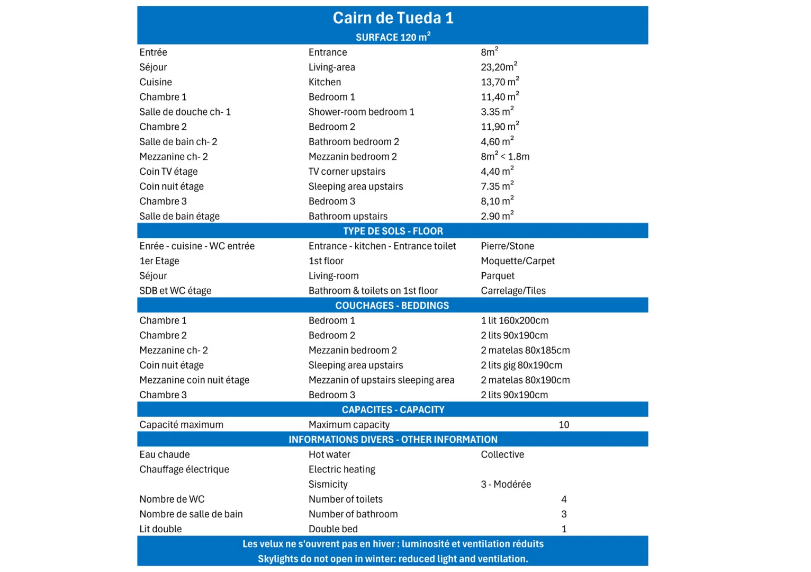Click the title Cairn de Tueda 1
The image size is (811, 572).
tap(393, 18)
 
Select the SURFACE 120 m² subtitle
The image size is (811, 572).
tap(393, 37)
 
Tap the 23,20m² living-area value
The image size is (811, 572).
tap(499, 67)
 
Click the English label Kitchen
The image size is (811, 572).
tap(325, 82)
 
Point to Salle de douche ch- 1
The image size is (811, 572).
tap(185, 112)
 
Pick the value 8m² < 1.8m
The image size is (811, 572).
tap(505, 157)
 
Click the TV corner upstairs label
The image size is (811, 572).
tap(347, 172)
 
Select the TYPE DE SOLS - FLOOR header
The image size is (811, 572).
tap(393, 231)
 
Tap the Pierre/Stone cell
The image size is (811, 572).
tap(507, 246)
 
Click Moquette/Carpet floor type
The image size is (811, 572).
tap(518, 261)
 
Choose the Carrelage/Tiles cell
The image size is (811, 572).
tap(513, 291)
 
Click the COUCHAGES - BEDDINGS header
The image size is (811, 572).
tap(392, 306)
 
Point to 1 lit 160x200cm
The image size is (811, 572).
tap(515, 320)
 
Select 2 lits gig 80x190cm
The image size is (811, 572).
tap(521, 365)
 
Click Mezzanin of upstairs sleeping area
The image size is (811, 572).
tap(381, 380)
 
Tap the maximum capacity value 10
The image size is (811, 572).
tap(564, 425)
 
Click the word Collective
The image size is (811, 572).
tap(502, 454)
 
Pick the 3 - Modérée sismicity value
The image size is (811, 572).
tap(506, 484)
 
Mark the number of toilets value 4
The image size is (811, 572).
tap(564, 499)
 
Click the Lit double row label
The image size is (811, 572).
tap(160, 529)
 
